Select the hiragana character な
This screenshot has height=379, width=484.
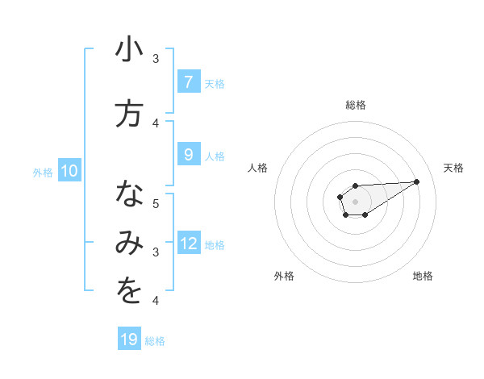[x=129, y=195]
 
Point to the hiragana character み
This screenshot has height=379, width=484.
[x=129, y=244]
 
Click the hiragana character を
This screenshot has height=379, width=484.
[x=129, y=293]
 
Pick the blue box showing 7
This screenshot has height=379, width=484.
[x=188, y=82]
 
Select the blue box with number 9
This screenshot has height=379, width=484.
[x=188, y=156]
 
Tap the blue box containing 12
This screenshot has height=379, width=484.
[x=189, y=244]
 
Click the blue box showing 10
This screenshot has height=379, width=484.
[x=69, y=171]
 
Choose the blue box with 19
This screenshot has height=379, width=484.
[x=129, y=339]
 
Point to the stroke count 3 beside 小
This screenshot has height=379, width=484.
[x=156, y=58]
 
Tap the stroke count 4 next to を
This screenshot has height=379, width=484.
[x=156, y=301]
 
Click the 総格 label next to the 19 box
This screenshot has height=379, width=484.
[x=155, y=340]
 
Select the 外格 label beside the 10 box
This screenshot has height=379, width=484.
[x=43, y=172]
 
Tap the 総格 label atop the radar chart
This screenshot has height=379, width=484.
[x=355, y=105]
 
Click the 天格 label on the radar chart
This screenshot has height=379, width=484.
[x=453, y=168]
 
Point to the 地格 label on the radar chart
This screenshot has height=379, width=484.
[x=423, y=276]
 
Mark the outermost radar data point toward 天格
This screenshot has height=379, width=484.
[x=417, y=181]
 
